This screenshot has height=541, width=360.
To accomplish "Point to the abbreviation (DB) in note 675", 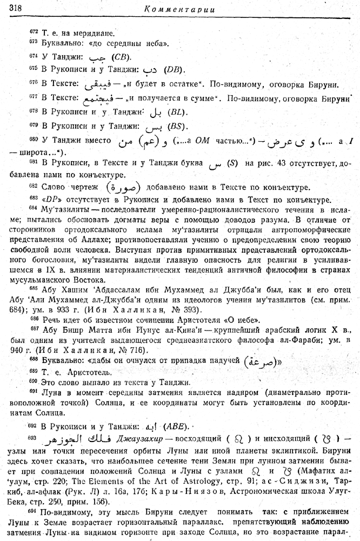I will coord(174,70).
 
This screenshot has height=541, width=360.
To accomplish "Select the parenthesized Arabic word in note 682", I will coord(122,187).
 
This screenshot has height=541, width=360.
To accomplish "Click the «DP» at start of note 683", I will coord(46,199).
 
